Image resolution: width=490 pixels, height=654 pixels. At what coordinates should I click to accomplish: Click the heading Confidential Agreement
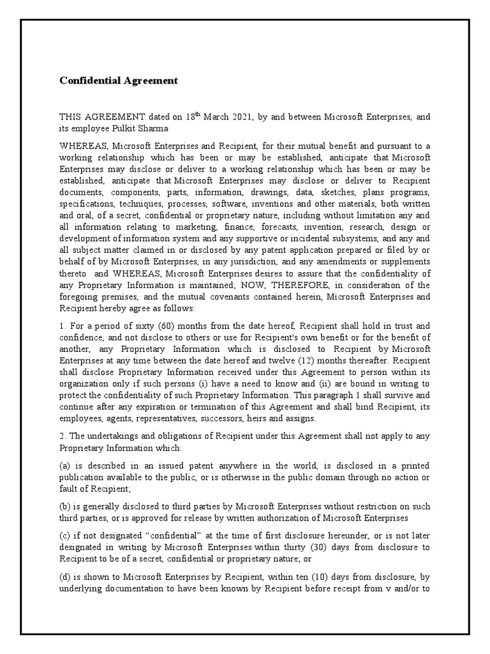pyautogui.click(x=118, y=81)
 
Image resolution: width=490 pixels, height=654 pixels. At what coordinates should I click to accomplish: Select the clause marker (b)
pyautogui.click(x=65, y=506)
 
